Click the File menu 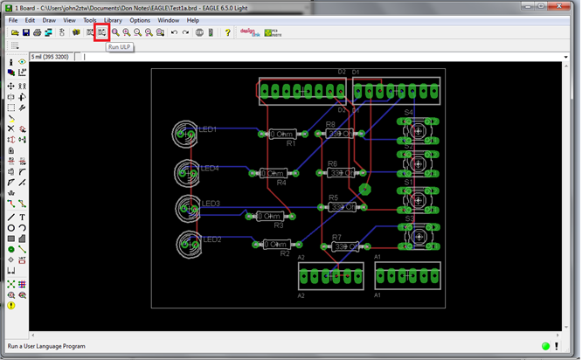point(12,19)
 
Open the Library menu point(113,19)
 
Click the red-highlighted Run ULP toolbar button point(101,32)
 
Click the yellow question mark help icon point(227,32)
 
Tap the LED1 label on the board point(208,129)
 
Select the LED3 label point(211,204)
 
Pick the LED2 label point(212,239)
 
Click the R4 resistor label point(281,183)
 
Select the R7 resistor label point(336,237)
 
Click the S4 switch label point(408,113)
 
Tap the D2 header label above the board point(342,72)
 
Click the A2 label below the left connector point(301,295)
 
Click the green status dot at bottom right point(544,346)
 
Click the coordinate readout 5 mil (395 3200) point(53,57)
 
